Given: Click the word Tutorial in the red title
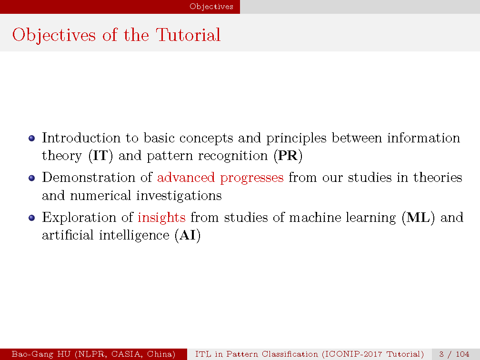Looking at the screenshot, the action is coord(188,35).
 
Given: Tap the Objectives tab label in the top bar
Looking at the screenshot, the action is coord(211,7).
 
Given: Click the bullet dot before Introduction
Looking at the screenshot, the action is coord(31,139).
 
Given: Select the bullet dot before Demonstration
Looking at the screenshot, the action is coord(31,178).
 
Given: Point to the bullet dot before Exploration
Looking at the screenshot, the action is coord(31,218).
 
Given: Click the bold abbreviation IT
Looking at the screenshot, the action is coord(100,156).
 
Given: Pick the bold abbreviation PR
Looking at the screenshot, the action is coord(288,156).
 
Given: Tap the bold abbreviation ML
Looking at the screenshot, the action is coord(418,217).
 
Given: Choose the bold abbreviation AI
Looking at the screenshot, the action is coord(188,235).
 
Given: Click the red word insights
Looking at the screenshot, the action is coord(161,217).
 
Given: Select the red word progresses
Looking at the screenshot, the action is coord(251,178).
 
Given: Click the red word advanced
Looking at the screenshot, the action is coord(186,177).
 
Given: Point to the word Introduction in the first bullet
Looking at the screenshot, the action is coord(81,138).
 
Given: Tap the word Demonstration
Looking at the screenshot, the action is coord(89,177).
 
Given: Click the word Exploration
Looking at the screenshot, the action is coord(79,218).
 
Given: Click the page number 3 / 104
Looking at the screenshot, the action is coord(454,354).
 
